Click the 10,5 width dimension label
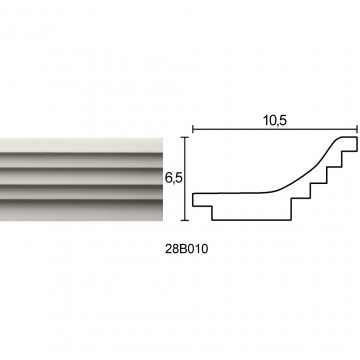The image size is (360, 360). [275, 121]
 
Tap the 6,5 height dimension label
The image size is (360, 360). [173, 178]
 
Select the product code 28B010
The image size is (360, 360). [186, 249]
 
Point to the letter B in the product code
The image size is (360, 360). [181, 249]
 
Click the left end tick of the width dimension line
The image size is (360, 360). [193, 129]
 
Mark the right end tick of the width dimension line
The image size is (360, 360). [357, 129]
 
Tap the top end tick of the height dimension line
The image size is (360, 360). [185, 137]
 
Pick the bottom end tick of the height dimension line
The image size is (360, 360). [185, 220]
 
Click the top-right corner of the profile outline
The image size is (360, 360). [357, 137]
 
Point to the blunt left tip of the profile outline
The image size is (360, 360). [193, 200]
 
